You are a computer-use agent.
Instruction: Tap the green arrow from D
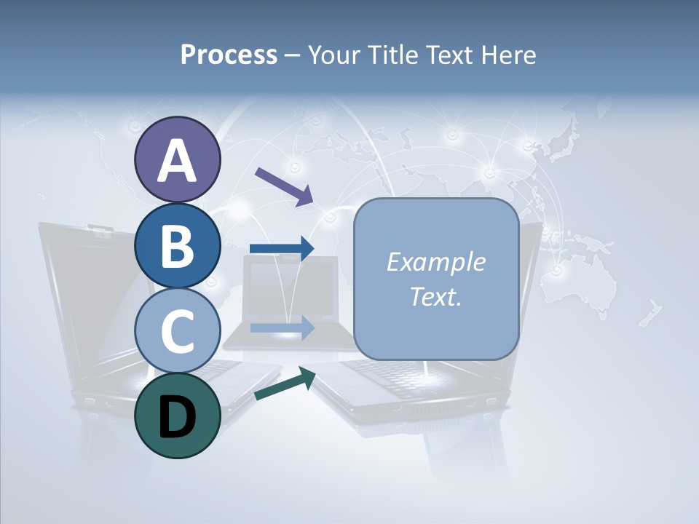tap(285, 384)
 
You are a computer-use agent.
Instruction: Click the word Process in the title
tap(229, 55)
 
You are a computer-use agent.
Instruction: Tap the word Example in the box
tap(435, 262)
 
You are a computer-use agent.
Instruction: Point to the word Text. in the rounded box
tap(435, 296)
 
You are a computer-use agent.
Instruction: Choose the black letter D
tap(177, 417)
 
